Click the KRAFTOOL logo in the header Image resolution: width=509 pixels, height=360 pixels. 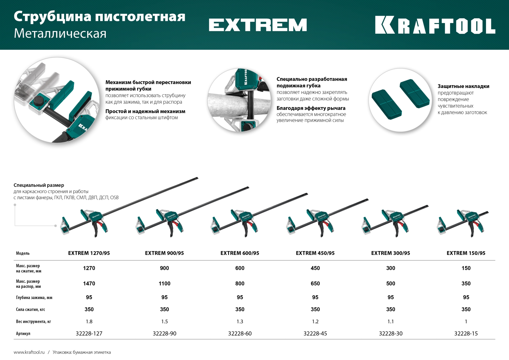[435, 25]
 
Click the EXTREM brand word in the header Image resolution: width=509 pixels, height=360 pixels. [258, 25]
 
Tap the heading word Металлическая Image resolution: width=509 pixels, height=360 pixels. [60, 34]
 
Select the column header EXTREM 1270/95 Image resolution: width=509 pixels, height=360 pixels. [89, 253]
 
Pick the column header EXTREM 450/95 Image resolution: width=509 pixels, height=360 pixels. [315, 253]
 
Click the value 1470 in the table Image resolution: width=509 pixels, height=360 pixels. [89, 283]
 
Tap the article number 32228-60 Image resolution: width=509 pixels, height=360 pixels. [240, 333]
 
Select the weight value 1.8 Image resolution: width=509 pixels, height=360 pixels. [89, 322]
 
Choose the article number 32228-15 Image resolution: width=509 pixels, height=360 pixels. [466, 333]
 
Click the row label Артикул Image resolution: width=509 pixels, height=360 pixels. [23, 333]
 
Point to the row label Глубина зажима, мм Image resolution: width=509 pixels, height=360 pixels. [34, 298]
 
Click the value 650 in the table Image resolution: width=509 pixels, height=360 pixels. [315, 283]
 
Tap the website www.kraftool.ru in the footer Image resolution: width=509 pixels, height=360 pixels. [29, 352]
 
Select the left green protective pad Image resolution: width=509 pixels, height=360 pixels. [387, 104]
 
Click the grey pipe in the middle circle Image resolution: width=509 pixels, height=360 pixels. [225, 105]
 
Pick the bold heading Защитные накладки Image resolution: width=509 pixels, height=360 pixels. [463, 86]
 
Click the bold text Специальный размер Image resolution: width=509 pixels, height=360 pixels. [39, 185]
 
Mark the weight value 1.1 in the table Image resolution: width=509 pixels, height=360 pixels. [390, 322]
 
